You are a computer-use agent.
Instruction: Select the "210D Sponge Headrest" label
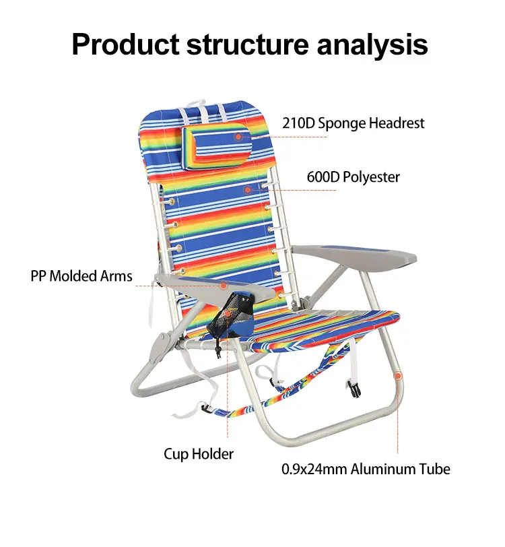[x=353, y=123]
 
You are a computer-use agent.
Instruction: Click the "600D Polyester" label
[x=353, y=177]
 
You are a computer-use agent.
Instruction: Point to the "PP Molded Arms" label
[x=81, y=276]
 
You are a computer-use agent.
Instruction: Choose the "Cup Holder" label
[x=199, y=453]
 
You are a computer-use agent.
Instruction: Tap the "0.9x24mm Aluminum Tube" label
[x=366, y=469]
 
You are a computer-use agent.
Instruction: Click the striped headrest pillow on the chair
[x=215, y=143]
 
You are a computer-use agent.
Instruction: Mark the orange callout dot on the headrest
[x=238, y=137]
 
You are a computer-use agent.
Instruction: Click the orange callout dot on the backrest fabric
[x=248, y=190]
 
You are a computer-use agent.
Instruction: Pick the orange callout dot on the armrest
[x=223, y=286]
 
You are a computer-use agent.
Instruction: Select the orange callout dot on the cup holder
[x=228, y=319]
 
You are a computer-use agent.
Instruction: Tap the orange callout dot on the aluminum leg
[x=398, y=375]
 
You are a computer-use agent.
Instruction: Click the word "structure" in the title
[x=238, y=44]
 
